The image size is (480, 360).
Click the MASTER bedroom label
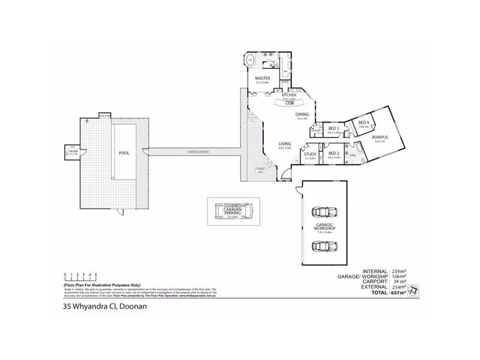[263, 79]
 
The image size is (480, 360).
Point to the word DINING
[302, 114]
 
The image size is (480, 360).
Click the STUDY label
[310, 154]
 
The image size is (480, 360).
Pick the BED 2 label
[334, 154]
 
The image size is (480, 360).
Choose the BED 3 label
[334, 128]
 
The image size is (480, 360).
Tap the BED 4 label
[363, 123]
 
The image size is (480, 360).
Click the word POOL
[124, 153]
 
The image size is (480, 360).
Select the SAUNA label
[73, 152]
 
